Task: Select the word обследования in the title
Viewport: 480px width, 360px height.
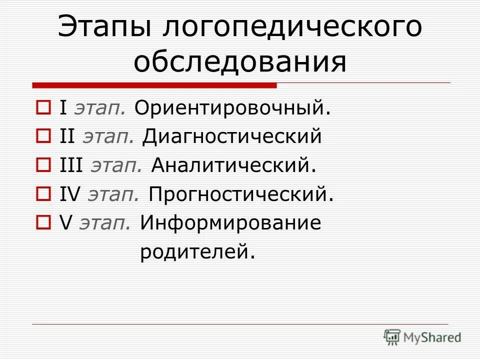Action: point(240,62)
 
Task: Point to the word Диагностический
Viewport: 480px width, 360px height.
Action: point(232,137)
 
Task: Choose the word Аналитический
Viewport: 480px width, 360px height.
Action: point(233,165)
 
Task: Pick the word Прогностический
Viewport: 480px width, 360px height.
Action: point(240,194)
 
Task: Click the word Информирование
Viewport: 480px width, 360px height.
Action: point(230,223)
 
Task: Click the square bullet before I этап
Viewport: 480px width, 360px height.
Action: point(43,107)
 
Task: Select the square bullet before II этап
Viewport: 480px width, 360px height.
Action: point(43,136)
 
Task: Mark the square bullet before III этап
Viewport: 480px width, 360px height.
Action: point(43,165)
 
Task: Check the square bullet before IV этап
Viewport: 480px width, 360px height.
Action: point(43,193)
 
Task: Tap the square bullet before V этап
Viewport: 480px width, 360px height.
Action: point(43,222)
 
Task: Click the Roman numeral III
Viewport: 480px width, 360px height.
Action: point(72,165)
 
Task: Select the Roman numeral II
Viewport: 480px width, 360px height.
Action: point(67,137)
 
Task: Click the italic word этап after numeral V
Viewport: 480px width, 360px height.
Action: point(105,223)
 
